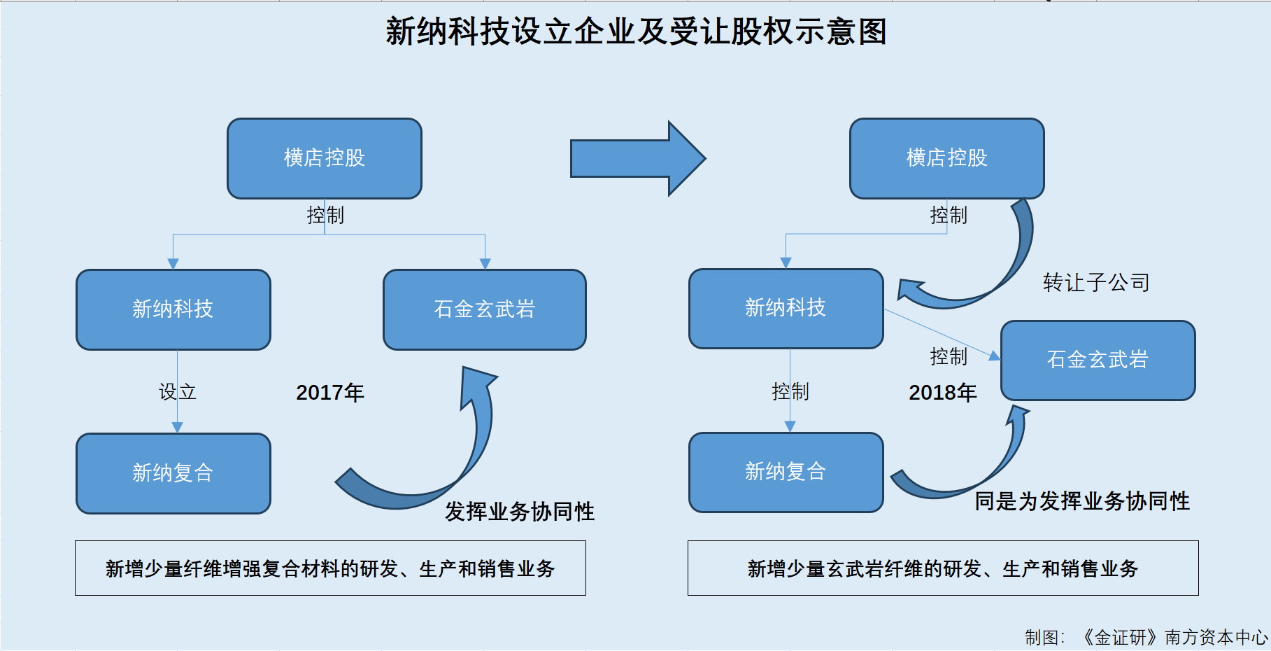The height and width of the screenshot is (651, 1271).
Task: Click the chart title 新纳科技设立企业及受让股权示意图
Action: tap(636, 31)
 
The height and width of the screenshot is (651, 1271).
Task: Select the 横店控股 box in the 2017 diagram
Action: tap(325, 158)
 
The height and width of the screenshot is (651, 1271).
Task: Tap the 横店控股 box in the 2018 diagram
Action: tap(946, 158)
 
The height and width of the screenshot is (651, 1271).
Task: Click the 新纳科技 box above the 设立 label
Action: tap(173, 309)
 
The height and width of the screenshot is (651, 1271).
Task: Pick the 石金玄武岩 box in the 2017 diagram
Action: tap(485, 309)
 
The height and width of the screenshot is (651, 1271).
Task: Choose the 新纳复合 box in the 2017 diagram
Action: tap(173, 473)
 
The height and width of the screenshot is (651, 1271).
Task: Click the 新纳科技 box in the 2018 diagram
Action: tap(786, 309)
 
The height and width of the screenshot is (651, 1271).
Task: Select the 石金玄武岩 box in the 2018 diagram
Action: tap(1098, 360)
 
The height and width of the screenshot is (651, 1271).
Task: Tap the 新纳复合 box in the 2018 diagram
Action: tap(786, 472)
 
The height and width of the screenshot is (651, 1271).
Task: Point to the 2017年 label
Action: tap(330, 393)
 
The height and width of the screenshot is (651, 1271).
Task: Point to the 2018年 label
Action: tap(943, 393)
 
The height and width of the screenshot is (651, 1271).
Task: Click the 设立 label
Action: tap(178, 391)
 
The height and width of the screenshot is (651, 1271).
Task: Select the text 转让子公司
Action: tap(1096, 282)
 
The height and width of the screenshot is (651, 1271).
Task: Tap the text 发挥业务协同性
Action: tap(520, 512)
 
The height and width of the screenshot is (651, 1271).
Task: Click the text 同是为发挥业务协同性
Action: tap(1082, 501)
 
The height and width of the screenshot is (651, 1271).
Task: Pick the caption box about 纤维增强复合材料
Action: tap(330, 568)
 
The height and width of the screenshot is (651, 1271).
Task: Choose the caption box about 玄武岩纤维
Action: tap(943, 568)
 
